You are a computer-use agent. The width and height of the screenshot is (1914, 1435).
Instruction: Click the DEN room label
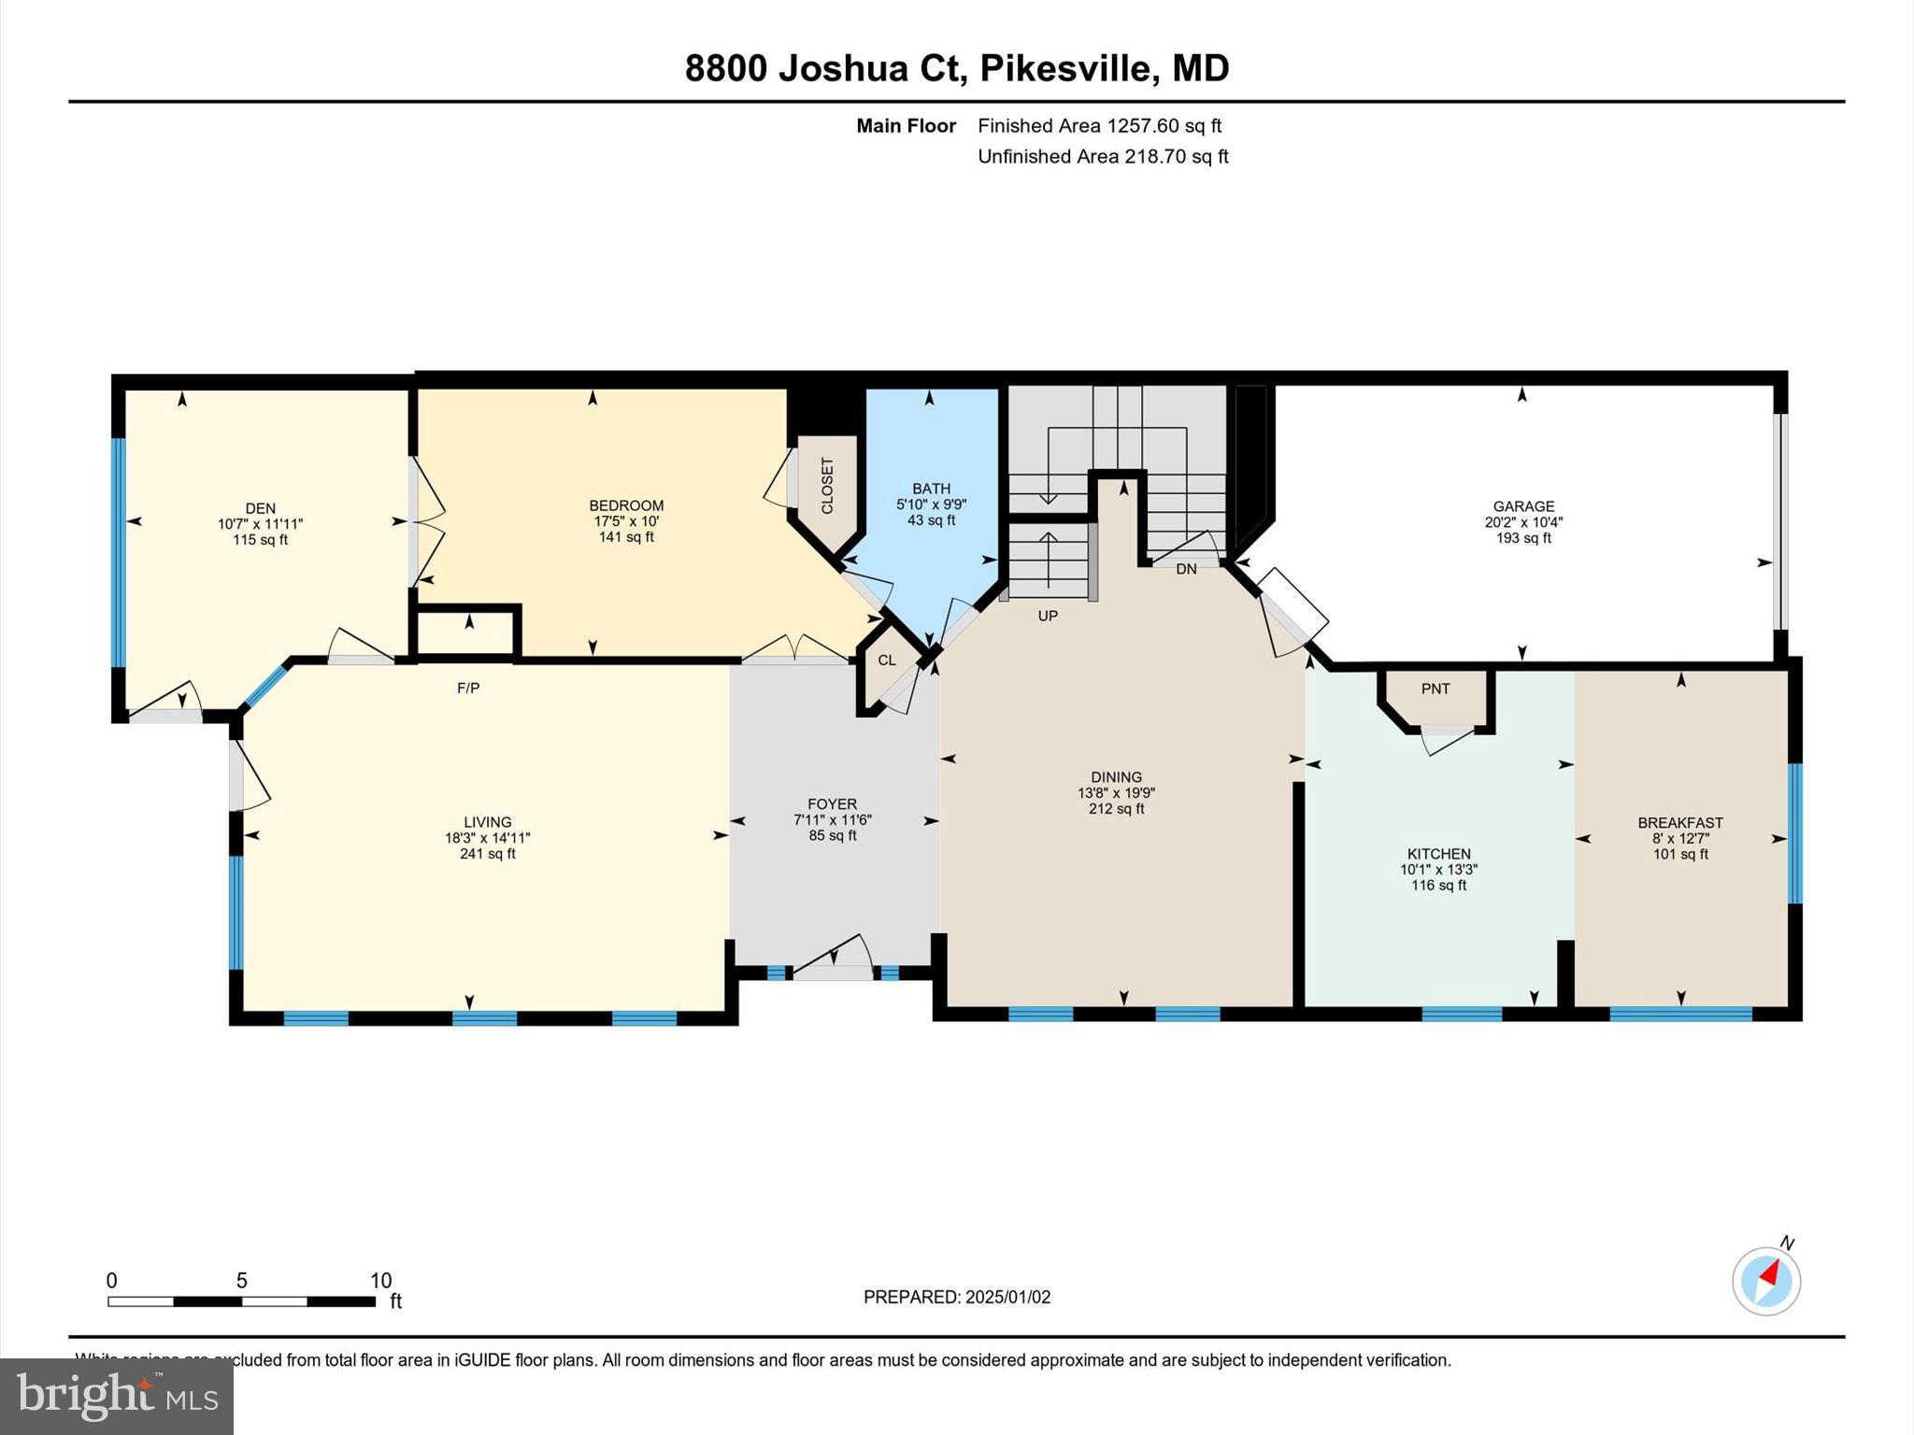click(x=261, y=509)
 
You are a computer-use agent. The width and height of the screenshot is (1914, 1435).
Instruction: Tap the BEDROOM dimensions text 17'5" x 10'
click(x=626, y=521)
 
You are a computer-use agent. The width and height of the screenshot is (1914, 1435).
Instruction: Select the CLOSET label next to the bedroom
click(x=827, y=486)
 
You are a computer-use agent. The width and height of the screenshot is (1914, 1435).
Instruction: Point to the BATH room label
click(x=931, y=489)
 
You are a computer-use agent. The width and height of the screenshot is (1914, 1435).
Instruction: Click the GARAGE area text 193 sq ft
click(x=1523, y=538)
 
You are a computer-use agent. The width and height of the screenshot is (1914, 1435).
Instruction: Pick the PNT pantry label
click(x=1435, y=689)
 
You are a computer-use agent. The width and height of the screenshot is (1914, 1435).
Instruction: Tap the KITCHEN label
click(x=1439, y=854)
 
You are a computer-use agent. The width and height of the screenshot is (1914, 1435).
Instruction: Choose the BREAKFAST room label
click(x=1680, y=823)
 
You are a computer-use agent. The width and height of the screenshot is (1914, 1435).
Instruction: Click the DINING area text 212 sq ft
click(x=1116, y=809)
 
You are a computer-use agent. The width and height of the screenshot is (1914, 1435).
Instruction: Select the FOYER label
click(x=832, y=804)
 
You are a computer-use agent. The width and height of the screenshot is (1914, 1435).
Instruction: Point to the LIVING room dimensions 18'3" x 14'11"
click(x=488, y=838)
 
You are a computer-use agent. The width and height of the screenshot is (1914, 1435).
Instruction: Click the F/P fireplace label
click(x=468, y=689)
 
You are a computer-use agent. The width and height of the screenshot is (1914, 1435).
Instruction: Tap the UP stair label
click(x=1048, y=617)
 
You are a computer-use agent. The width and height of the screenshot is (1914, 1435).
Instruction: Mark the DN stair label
click(x=1186, y=569)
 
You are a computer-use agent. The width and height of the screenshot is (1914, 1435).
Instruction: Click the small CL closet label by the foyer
click(x=887, y=661)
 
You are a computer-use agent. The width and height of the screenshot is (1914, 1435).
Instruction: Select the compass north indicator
click(x=1766, y=1280)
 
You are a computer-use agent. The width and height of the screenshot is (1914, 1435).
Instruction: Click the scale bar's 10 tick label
click(x=380, y=1281)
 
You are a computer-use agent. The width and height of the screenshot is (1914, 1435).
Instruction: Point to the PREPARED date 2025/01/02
click(x=1007, y=1297)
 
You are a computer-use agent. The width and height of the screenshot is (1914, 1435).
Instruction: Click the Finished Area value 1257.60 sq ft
click(x=1164, y=126)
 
